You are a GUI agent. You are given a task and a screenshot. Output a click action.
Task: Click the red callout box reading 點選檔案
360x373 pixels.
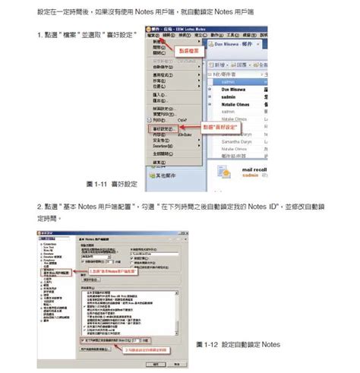tap(187, 50)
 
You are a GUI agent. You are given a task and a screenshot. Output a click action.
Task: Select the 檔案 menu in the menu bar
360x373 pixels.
tap(154, 36)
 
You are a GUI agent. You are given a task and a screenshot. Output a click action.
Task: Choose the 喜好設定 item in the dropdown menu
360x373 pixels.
tap(163, 129)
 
